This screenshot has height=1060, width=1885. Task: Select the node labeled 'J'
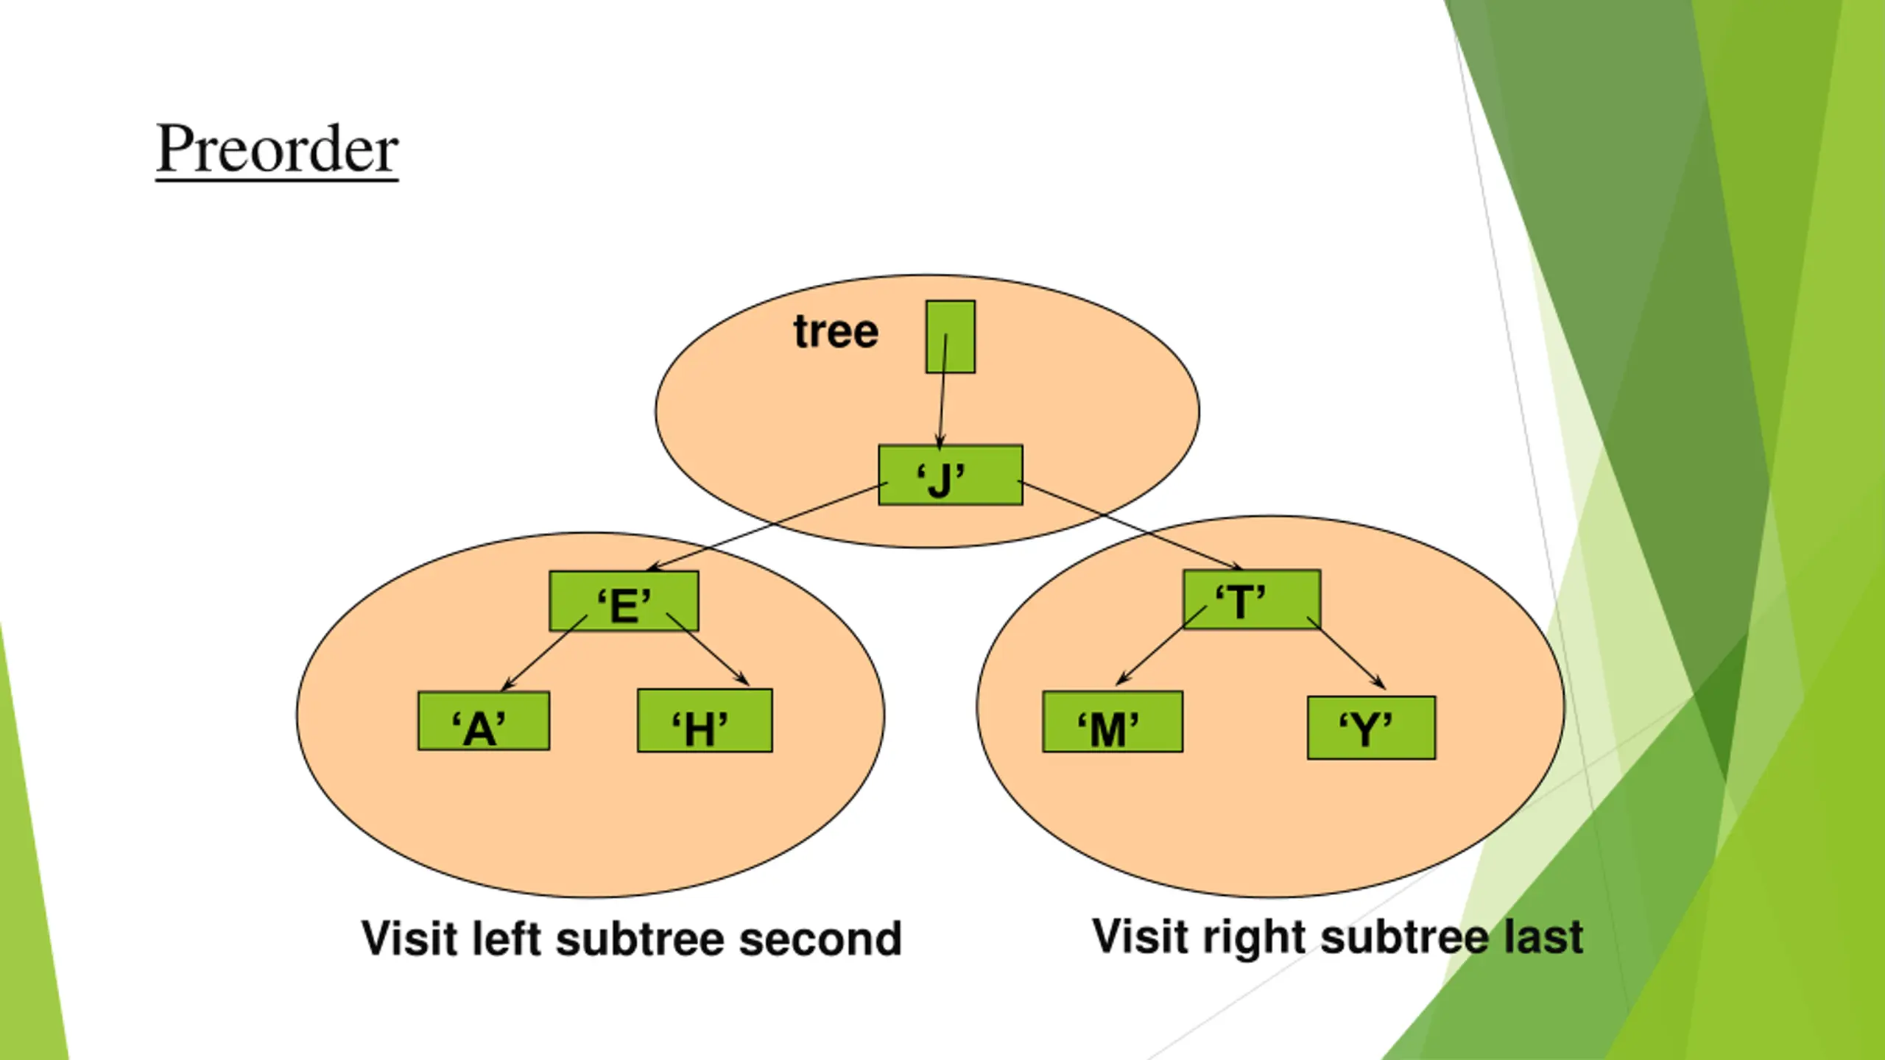click(951, 475)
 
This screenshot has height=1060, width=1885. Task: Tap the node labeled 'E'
click(624, 601)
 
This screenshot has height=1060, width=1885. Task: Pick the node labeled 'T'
click(1252, 599)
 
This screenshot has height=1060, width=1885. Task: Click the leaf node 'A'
click(484, 721)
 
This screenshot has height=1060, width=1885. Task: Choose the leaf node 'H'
click(705, 721)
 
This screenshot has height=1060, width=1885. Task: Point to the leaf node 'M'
click(1113, 721)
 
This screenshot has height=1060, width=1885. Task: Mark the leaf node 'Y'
click(1371, 727)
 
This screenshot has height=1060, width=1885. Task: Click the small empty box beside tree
click(951, 336)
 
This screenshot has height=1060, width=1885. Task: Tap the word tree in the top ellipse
click(836, 331)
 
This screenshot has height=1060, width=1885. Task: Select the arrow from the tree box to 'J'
click(942, 392)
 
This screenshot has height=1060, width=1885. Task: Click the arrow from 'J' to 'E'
click(767, 526)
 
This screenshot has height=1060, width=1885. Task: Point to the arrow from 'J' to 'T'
click(1130, 525)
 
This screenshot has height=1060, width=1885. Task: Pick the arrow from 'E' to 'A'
click(544, 653)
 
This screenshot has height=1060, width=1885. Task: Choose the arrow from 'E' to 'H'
click(708, 649)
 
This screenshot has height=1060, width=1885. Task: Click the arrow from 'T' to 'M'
click(1162, 645)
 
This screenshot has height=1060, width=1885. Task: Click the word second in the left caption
click(820, 939)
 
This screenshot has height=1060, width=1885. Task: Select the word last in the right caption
click(1543, 937)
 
